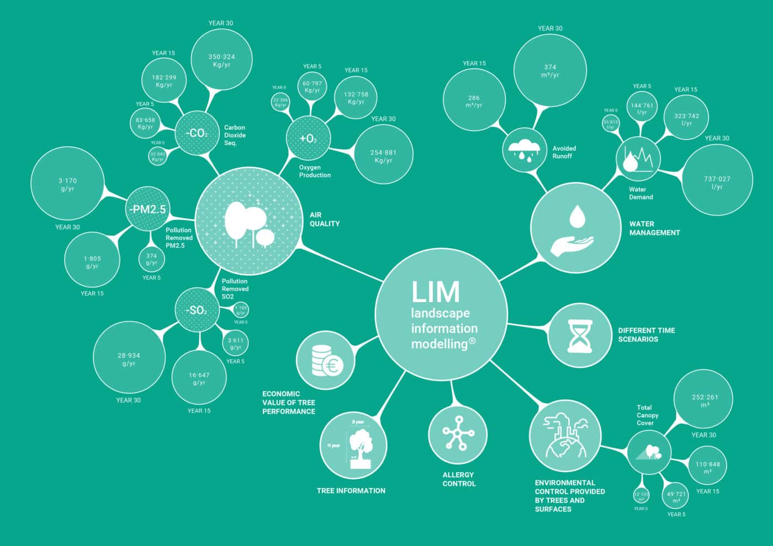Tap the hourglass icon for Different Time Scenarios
tap(580, 335)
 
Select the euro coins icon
tap(326, 361)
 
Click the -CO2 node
tap(197, 133)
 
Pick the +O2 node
tap(308, 138)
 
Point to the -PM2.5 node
tap(146, 209)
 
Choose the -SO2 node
tap(197, 311)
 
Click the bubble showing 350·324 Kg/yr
tap(221, 60)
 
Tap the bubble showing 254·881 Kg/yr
tap(383, 156)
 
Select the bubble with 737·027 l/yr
tap(717, 182)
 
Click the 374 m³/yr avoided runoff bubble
tap(550, 71)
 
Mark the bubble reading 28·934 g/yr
tap(129, 358)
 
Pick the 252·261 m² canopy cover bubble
tap(705, 400)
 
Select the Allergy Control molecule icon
tap(458, 433)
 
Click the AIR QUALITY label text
tap(325, 219)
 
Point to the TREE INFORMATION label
tap(351, 490)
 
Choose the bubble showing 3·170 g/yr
tap(67, 184)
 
